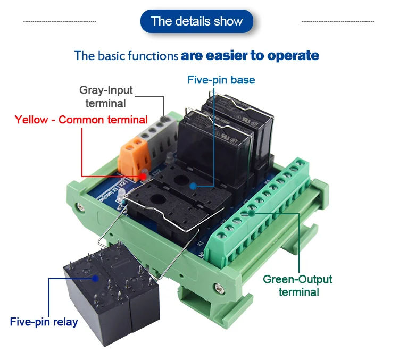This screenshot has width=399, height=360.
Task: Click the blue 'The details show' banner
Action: click(197, 21)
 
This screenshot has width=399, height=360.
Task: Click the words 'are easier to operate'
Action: click(250, 55)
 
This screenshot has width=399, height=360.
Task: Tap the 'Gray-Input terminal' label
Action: click(106, 96)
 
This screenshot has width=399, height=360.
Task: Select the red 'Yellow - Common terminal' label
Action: click(81, 120)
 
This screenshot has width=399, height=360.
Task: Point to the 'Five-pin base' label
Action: click(221, 80)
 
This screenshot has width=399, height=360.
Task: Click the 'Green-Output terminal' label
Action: click(298, 286)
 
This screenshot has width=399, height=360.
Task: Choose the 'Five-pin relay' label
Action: click(44, 322)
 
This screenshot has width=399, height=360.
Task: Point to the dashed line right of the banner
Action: click(337, 21)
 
